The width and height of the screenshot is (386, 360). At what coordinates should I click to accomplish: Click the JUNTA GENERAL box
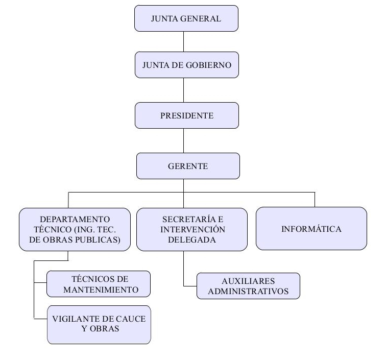[186, 18]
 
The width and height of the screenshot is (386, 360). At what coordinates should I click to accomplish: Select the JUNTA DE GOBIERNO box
[186, 65]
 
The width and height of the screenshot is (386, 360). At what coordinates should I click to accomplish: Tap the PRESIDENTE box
[186, 115]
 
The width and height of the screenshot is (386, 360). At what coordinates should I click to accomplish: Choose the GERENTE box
[187, 166]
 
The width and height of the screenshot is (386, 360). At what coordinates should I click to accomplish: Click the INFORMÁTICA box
[311, 229]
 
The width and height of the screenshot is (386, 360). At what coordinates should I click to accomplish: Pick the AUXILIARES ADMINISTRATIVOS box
[248, 286]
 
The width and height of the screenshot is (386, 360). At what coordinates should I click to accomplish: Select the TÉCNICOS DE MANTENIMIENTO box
[99, 284]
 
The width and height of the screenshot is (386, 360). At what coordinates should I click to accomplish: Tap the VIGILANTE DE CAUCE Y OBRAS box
[99, 324]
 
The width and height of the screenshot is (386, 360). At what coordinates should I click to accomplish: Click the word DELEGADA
[191, 239]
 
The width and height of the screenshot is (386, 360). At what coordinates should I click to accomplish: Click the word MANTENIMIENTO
[99, 289]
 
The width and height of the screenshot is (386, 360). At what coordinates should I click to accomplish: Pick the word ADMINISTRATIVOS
[248, 292]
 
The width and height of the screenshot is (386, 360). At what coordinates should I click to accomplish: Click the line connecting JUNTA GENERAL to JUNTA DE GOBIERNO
[183, 41]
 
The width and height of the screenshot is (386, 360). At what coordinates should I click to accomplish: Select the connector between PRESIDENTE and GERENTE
[183, 140]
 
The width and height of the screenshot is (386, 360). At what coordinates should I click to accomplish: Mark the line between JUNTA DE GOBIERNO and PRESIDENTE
[183, 90]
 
